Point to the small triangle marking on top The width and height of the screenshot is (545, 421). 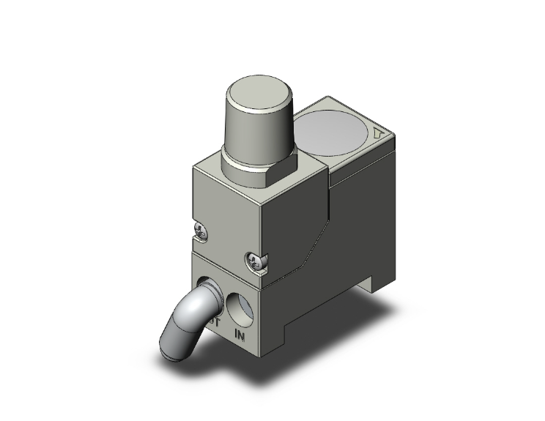[x=377, y=134]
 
